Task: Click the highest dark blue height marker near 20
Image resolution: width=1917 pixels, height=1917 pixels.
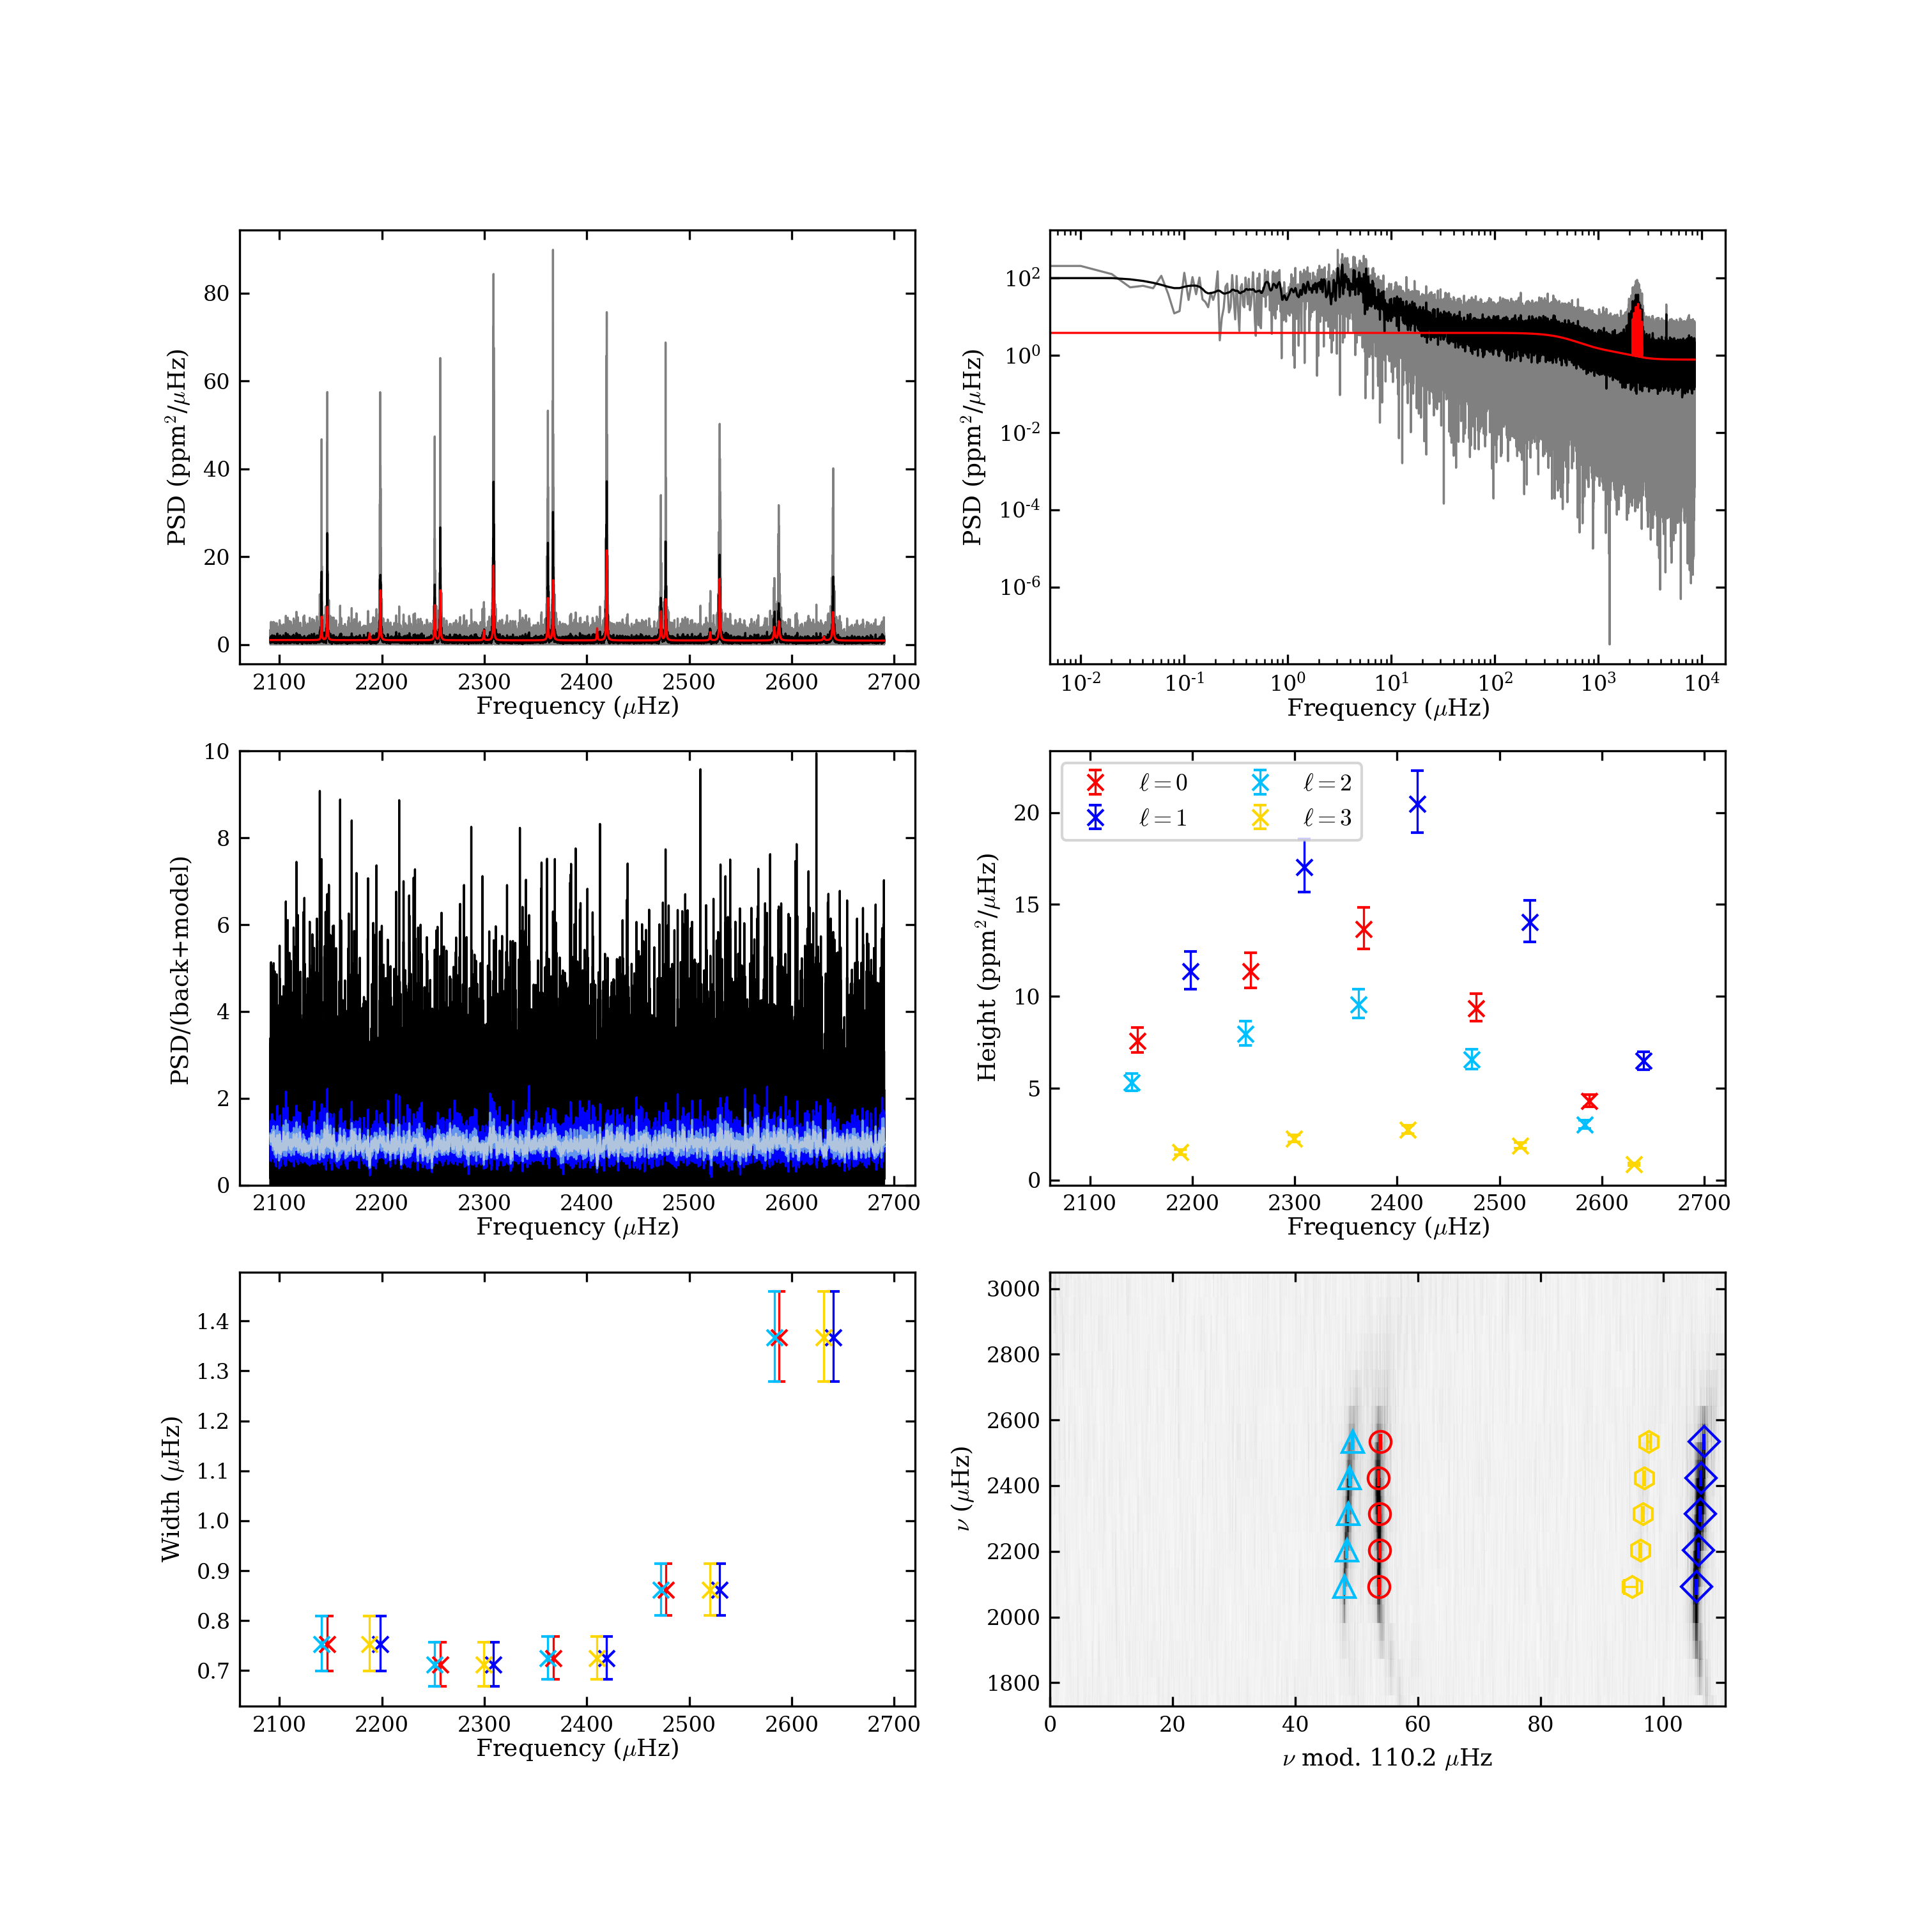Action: pyautogui.click(x=1417, y=803)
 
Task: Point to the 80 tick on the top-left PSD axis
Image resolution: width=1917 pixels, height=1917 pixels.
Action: pyautogui.click(x=217, y=294)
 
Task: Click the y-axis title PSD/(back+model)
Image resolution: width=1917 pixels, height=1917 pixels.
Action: pyautogui.click(x=180, y=969)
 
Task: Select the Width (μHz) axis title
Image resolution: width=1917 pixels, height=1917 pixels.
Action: pyautogui.click(x=171, y=1488)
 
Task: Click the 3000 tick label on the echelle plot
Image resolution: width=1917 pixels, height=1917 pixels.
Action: pyautogui.click(x=1013, y=1289)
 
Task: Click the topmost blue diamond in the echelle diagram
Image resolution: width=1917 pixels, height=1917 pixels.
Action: pyautogui.click(x=1704, y=1443)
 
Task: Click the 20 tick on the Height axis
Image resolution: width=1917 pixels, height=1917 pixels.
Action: pyautogui.click(x=1027, y=813)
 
